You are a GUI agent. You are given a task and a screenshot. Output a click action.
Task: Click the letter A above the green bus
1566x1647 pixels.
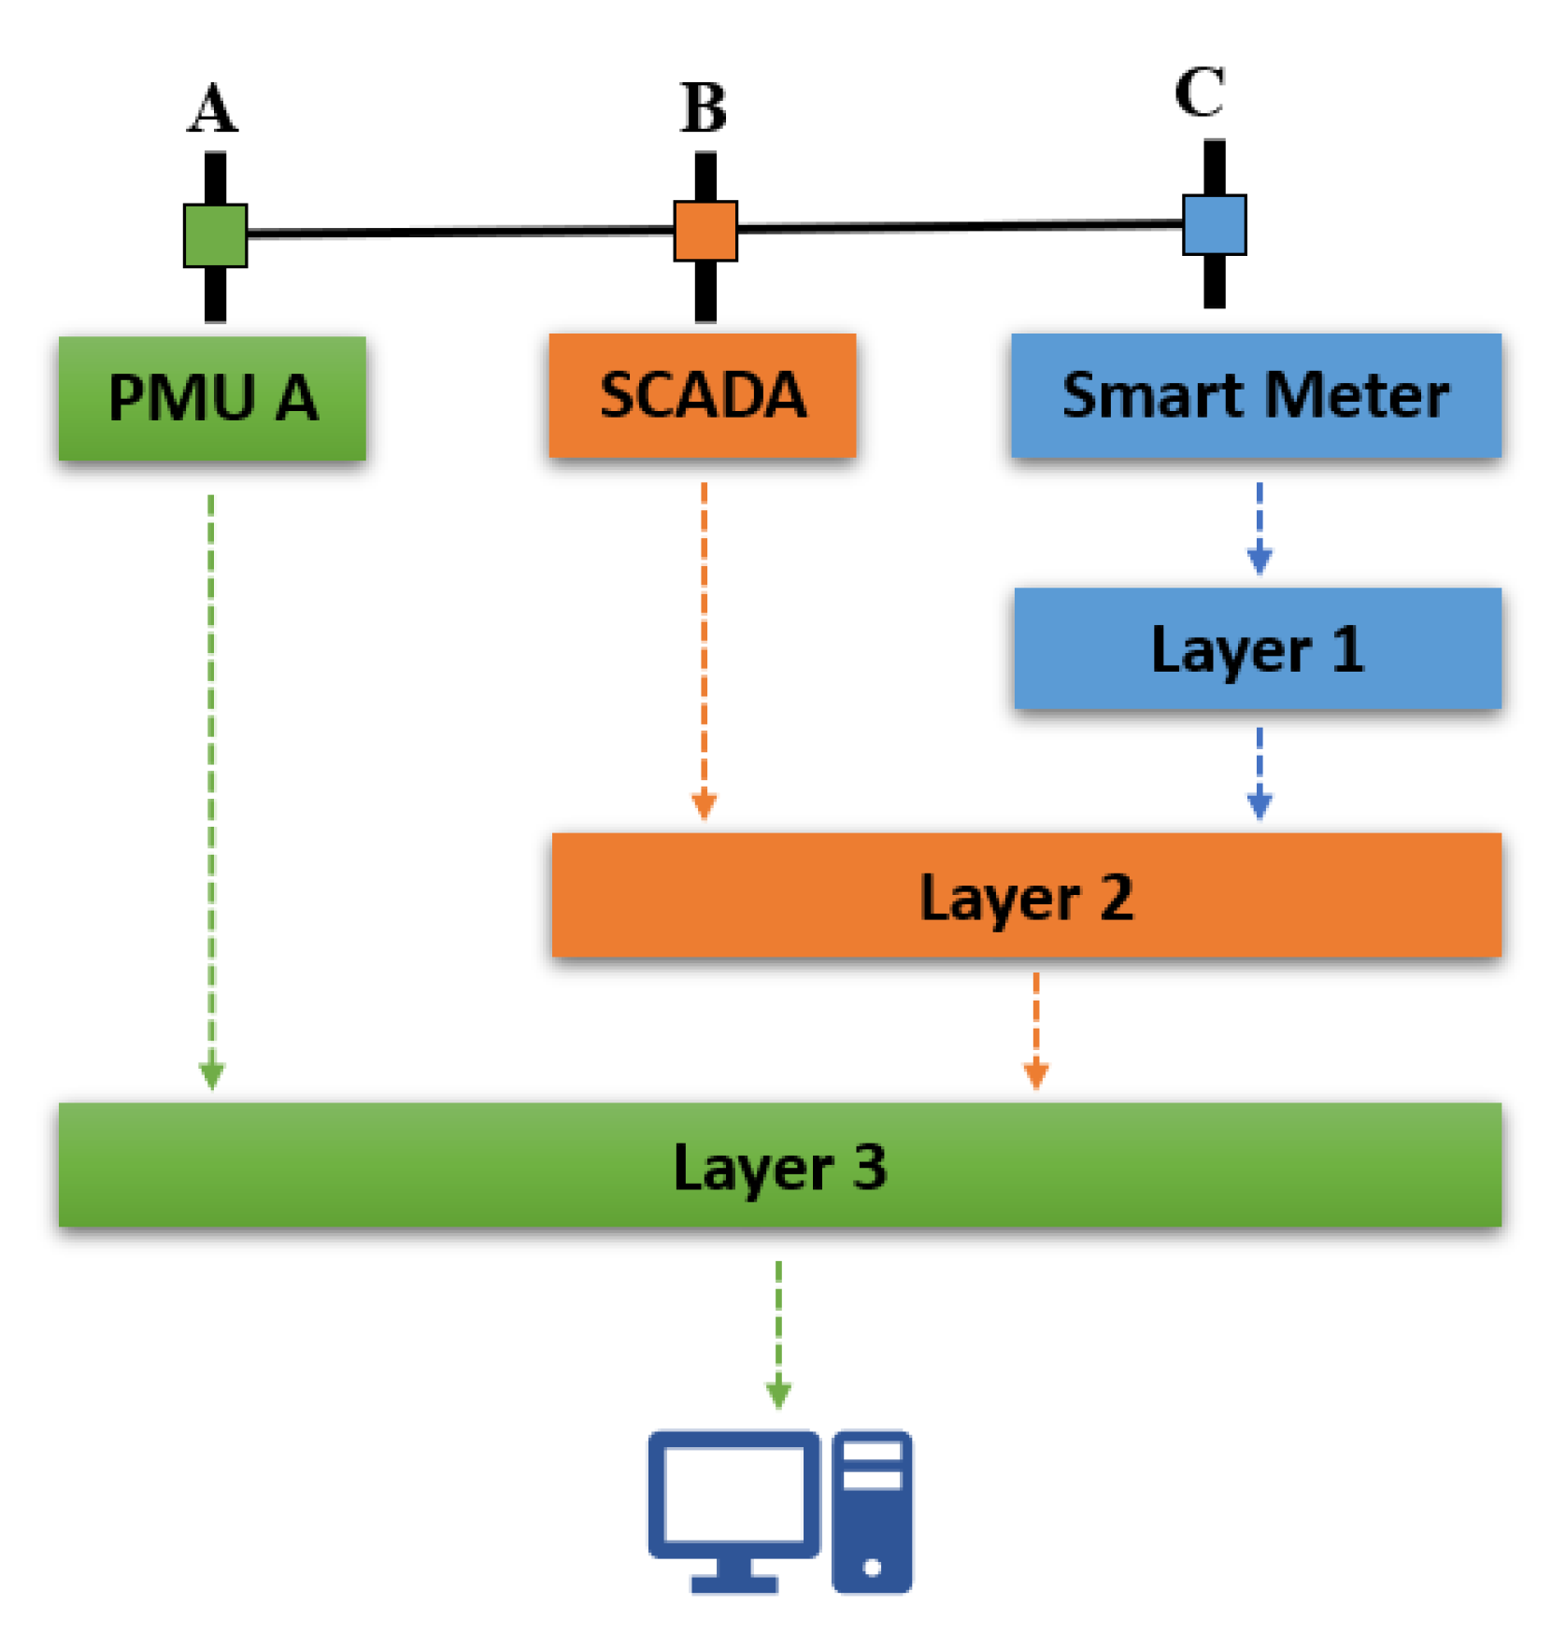pyautogui.click(x=214, y=109)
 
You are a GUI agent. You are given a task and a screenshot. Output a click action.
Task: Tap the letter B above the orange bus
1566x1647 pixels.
pyautogui.click(x=704, y=108)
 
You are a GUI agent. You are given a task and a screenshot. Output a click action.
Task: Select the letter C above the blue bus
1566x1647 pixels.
pyautogui.click(x=1200, y=92)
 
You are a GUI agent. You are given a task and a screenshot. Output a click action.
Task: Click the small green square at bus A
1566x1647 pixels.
pyautogui.click(x=216, y=235)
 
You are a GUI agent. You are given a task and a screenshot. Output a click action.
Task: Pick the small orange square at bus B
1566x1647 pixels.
pyautogui.click(x=705, y=231)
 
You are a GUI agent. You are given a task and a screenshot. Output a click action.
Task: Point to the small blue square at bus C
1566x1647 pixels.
pyautogui.click(x=1214, y=224)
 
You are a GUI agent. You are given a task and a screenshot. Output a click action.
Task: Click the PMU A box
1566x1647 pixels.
pyautogui.click(x=212, y=398)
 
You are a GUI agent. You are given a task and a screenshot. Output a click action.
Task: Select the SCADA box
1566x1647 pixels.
pyautogui.click(x=702, y=395)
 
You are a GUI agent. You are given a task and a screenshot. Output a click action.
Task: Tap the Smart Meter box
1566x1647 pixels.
pyautogui.click(x=1255, y=395)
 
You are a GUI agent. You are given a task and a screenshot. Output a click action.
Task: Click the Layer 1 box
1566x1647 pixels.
pyautogui.click(x=1257, y=648)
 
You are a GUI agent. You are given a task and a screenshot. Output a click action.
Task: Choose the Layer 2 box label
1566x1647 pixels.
pyautogui.click(x=1026, y=897)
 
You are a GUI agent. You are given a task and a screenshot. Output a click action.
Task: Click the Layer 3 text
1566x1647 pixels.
pyautogui.click(x=779, y=1167)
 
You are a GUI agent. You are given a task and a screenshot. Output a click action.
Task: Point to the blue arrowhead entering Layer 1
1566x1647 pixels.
pyautogui.click(x=1259, y=561)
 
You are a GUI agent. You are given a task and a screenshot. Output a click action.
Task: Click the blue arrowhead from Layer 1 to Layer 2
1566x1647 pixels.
pyautogui.click(x=1259, y=805)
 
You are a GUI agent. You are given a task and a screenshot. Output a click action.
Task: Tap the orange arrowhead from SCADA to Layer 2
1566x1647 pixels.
pyautogui.click(x=704, y=805)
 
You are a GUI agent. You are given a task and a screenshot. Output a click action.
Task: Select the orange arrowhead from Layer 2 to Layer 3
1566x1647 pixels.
pyautogui.click(x=1035, y=1075)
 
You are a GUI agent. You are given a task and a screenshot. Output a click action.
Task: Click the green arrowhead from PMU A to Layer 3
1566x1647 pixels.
pyautogui.click(x=211, y=1075)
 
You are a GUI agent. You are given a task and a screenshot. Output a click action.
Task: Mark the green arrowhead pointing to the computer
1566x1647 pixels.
pyautogui.click(x=778, y=1395)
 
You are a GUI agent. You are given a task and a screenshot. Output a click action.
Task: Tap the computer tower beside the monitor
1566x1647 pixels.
pyautogui.click(x=872, y=1511)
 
